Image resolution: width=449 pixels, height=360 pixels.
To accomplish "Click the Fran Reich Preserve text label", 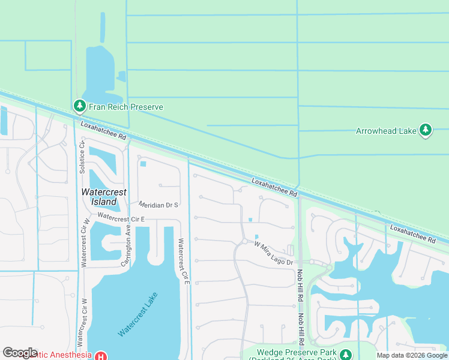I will coord(126,107).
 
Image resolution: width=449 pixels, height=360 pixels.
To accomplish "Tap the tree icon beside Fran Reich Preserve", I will coord(79,106).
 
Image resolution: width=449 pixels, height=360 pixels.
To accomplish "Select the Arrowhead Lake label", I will coord(386,131).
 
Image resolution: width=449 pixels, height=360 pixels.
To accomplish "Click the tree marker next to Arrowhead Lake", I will coord(426,130).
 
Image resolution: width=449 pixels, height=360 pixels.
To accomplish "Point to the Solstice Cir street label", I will coord(82,157).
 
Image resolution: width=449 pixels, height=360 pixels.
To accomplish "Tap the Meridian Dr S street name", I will coord(159,205).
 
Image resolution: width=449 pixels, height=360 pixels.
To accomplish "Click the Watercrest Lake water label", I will coord(138,314).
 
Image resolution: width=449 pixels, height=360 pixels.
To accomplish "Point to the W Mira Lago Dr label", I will coord(273,253).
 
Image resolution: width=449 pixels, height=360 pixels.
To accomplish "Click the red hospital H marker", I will coord(100,355).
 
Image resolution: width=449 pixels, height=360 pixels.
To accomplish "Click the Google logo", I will coord(20,353).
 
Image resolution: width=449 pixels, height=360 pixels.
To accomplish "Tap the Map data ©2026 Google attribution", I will coord(411,356).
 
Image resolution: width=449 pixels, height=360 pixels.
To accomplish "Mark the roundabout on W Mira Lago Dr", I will coord(244,242).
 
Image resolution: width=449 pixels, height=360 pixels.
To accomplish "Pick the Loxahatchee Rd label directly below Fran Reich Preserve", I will coord(104,129).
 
